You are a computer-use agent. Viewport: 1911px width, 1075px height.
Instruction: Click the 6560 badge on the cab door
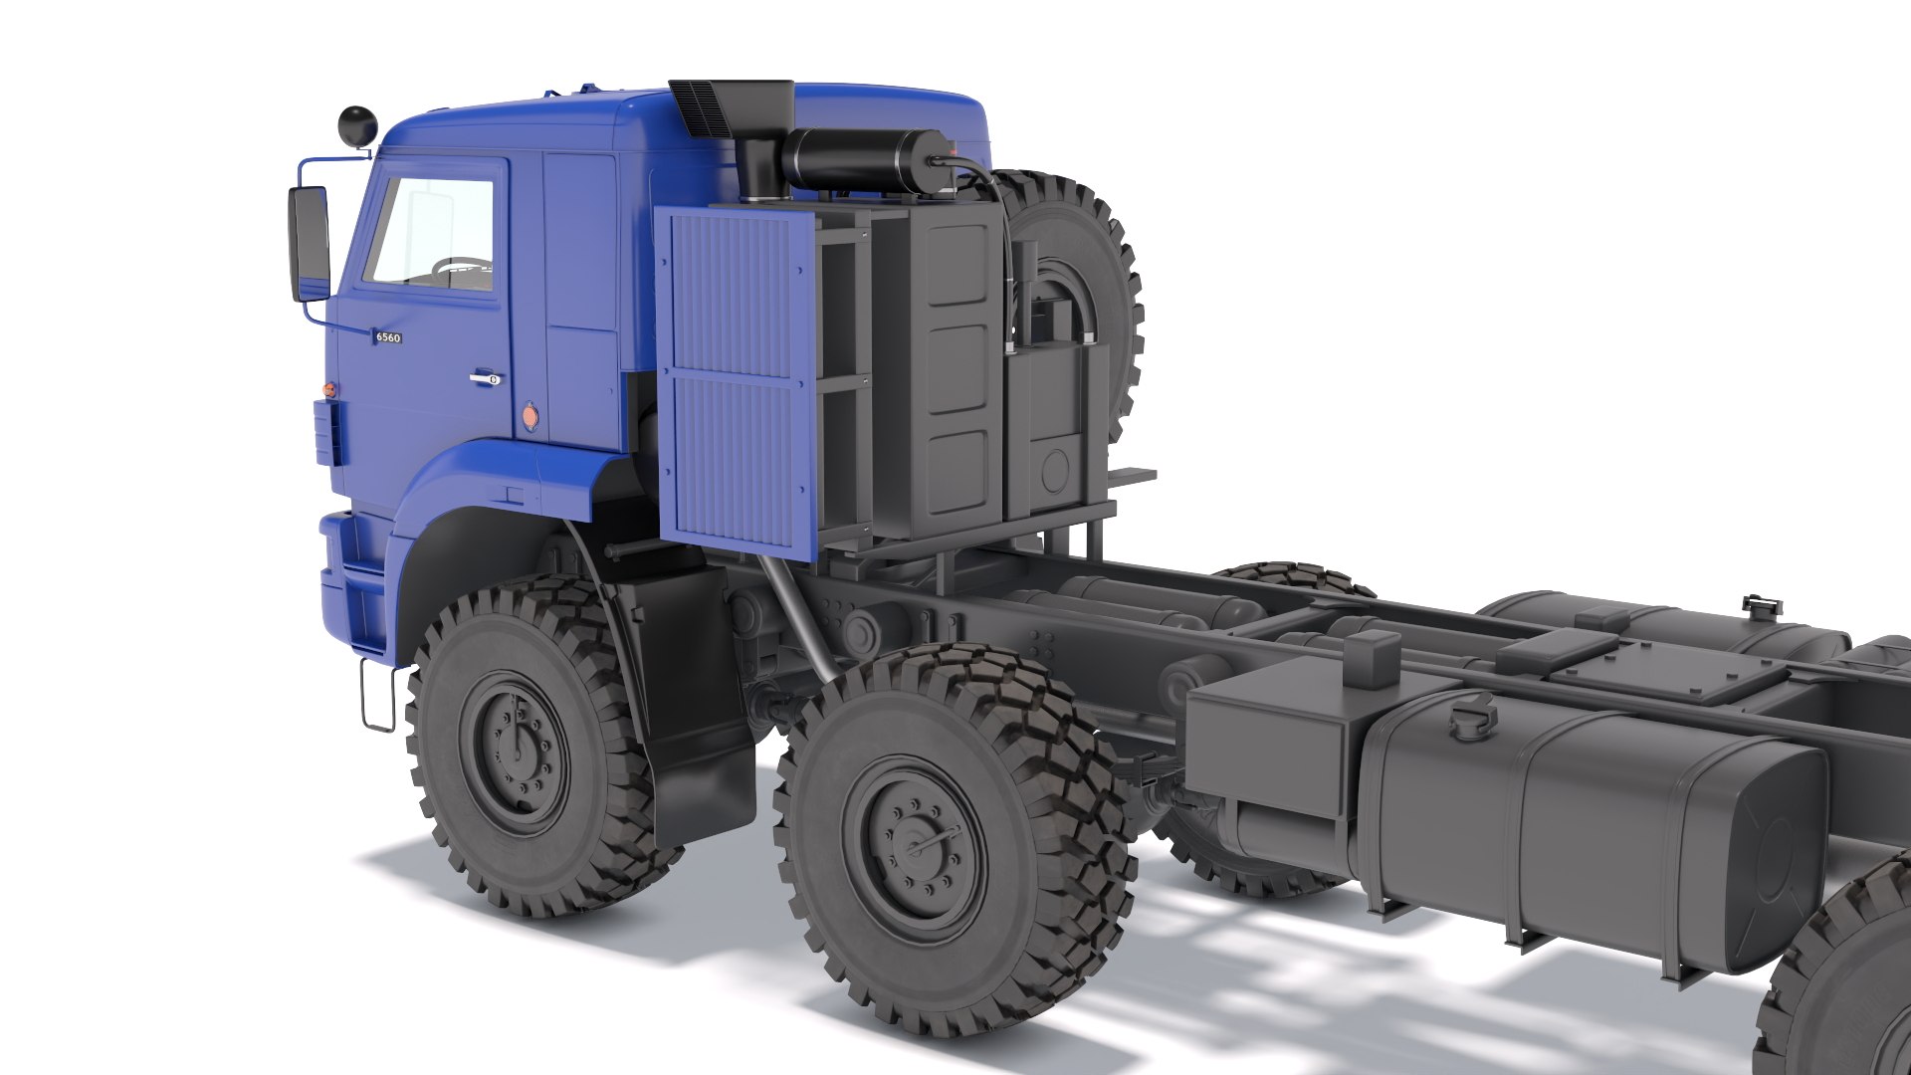(387, 337)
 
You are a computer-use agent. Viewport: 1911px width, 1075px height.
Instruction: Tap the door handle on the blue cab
(484, 377)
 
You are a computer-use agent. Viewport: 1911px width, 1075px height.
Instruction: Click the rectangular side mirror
(310, 243)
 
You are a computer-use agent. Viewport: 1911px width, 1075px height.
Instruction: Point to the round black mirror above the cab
(356, 124)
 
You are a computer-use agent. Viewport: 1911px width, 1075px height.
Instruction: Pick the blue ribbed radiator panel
(737, 378)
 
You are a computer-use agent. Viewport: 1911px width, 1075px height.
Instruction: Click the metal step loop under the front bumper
(377, 697)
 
